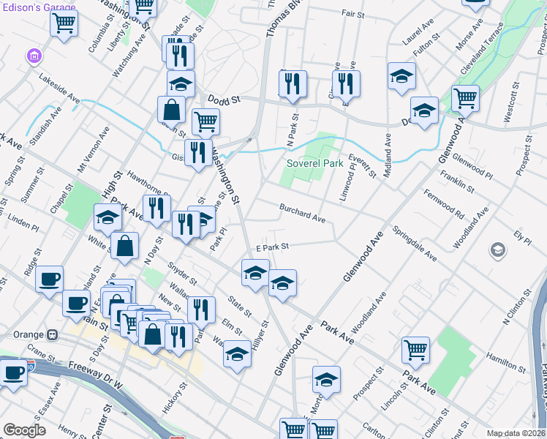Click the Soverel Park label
[x=314, y=163]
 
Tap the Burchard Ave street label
[x=302, y=213]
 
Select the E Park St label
[x=273, y=248]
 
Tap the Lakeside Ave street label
[x=59, y=86]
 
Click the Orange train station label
[x=29, y=334]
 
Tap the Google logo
[x=24, y=430]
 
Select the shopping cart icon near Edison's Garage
[x=64, y=23]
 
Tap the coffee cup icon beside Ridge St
[x=49, y=279]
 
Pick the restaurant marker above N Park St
[x=293, y=83]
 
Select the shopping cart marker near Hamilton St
[x=415, y=351]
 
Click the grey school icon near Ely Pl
[x=498, y=251]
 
